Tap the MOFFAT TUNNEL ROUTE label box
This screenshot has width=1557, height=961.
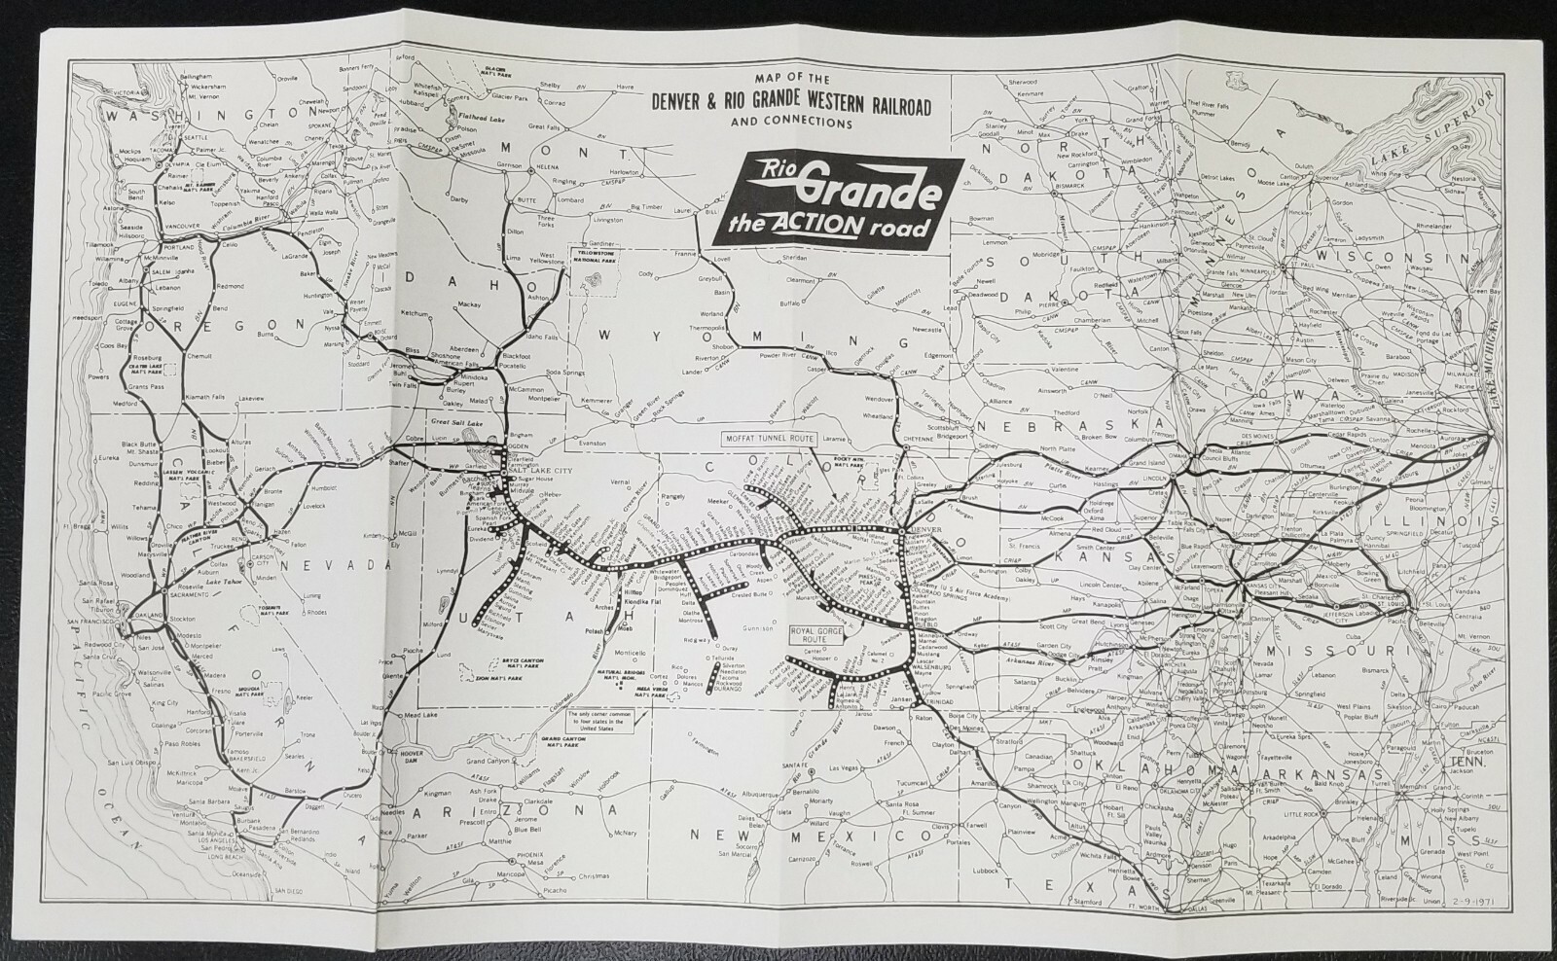click(x=768, y=438)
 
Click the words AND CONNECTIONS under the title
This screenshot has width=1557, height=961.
click(x=792, y=124)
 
